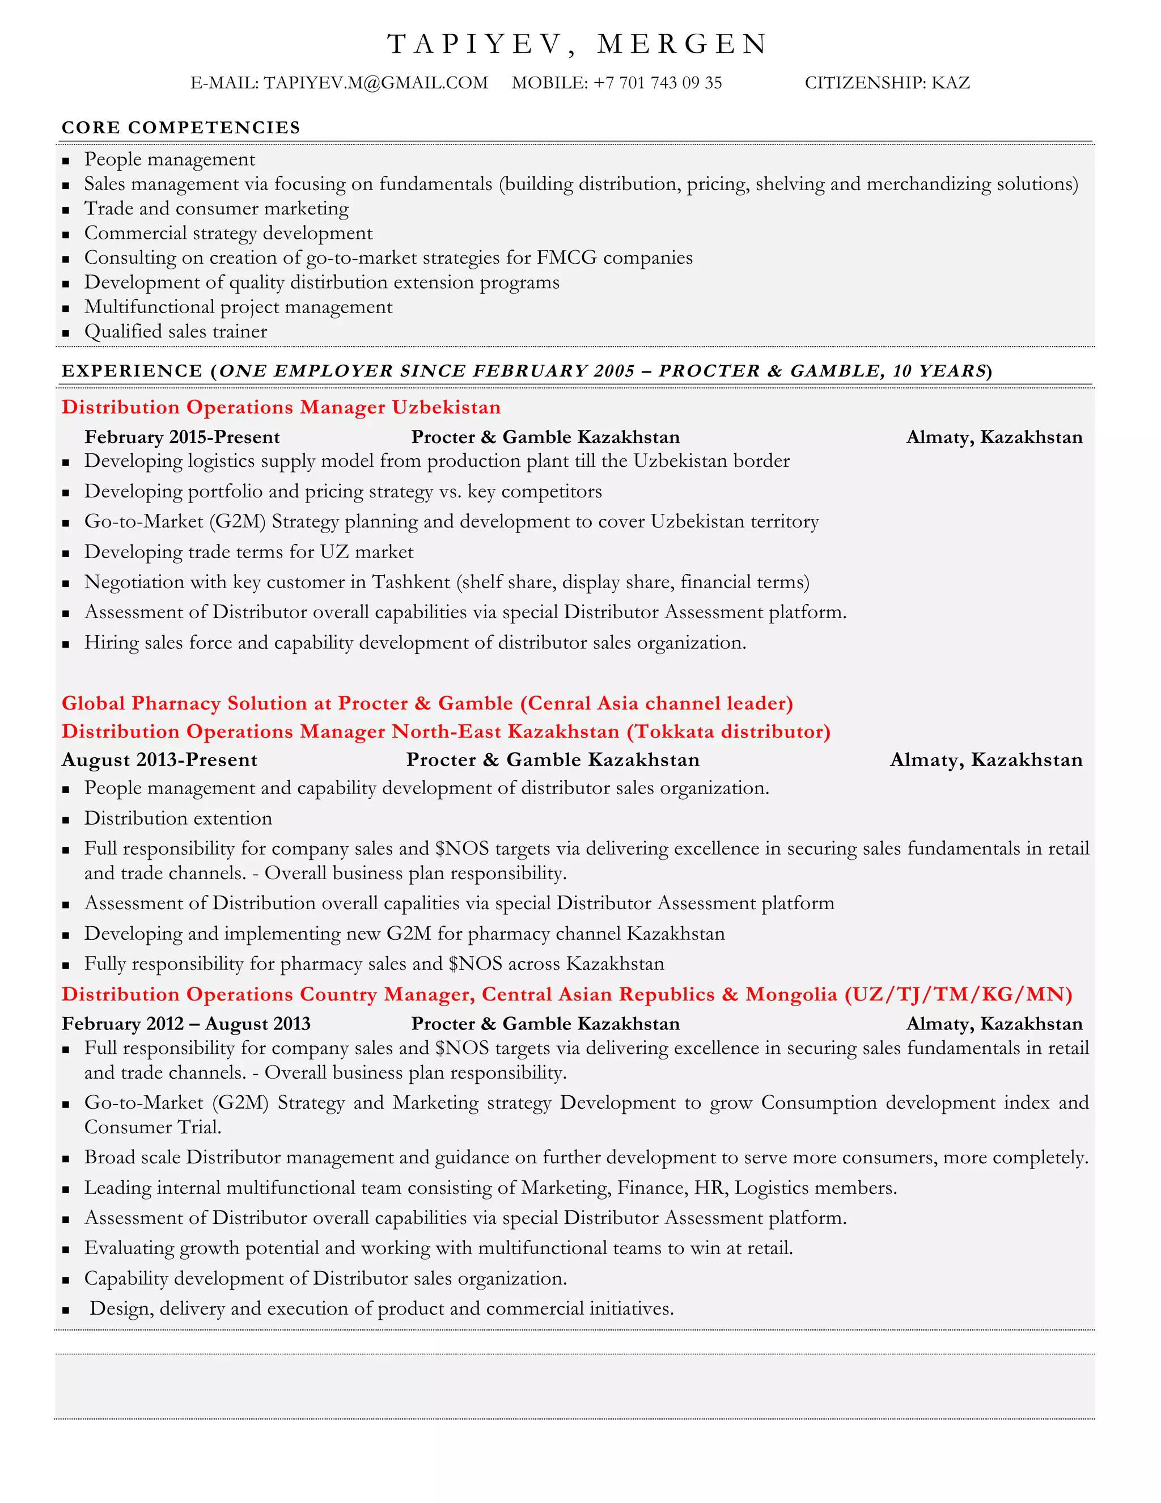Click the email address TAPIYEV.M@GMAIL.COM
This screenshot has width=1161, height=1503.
tap(375, 83)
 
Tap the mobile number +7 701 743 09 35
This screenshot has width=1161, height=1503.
tap(658, 83)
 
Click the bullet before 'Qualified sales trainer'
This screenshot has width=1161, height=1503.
tap(66, 333)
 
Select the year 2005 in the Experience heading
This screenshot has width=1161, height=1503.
tap(614, 371)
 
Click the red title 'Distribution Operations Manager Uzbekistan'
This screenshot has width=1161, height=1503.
tap(281, 407)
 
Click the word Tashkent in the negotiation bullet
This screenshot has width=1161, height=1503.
tap(410, 583)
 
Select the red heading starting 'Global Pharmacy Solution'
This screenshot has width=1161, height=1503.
tap(427, 703)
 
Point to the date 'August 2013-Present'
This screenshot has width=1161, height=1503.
tap(159, 761)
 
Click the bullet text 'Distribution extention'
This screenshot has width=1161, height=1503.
tap(178, 819)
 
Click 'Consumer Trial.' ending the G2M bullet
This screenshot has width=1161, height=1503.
tap(152, 1128)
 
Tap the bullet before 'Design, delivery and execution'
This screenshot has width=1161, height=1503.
tap(66, 1310)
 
